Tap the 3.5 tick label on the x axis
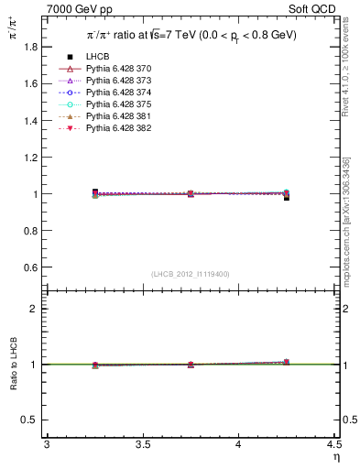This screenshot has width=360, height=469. [x=142, y=445]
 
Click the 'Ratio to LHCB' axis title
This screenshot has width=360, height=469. [x=13, y=364]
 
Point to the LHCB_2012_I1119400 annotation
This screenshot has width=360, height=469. [x=191, y=274]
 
